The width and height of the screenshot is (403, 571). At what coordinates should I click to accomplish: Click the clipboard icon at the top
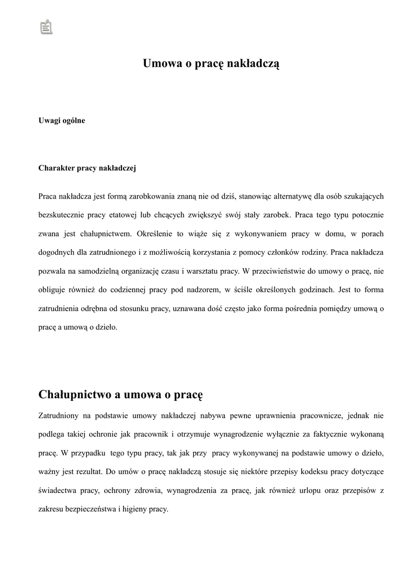[46, 26]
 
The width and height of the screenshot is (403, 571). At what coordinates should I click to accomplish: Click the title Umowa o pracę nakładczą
[211, 64]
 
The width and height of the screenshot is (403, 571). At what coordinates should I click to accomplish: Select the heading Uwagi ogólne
[62, 120]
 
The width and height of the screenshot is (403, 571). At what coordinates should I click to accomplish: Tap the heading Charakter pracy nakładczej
[87, 167]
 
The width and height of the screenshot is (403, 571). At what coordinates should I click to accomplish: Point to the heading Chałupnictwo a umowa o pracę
[121, 395]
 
